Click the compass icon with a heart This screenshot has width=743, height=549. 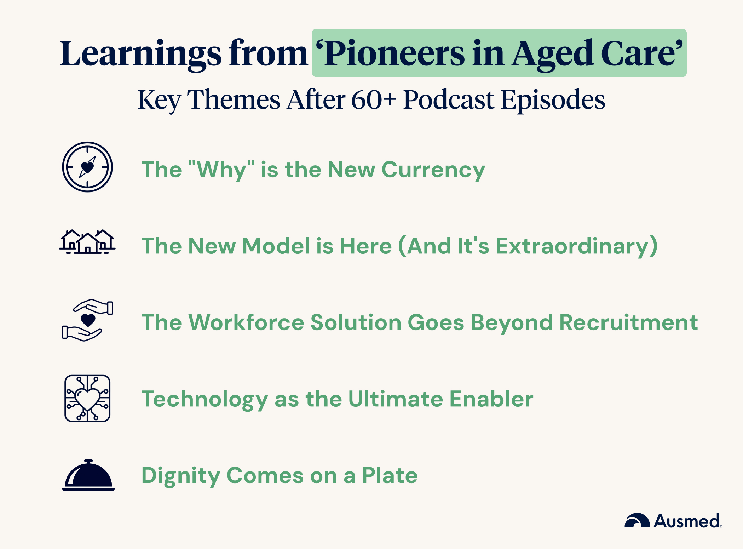[87, 167]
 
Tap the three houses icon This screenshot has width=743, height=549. [87, 242]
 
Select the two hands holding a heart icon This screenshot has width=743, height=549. [87, 320]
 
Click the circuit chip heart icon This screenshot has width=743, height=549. [87, 398]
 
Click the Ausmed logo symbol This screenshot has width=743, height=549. [637, 521]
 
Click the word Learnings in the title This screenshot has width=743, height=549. [140, 54]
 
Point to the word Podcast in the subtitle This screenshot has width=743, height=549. [449, 100]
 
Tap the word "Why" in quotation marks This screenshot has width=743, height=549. [221, 170]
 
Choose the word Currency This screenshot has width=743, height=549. [433, 170]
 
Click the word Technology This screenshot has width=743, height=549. [205, 399]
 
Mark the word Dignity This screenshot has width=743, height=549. [180, 476]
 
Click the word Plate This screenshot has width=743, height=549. [390, 475]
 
